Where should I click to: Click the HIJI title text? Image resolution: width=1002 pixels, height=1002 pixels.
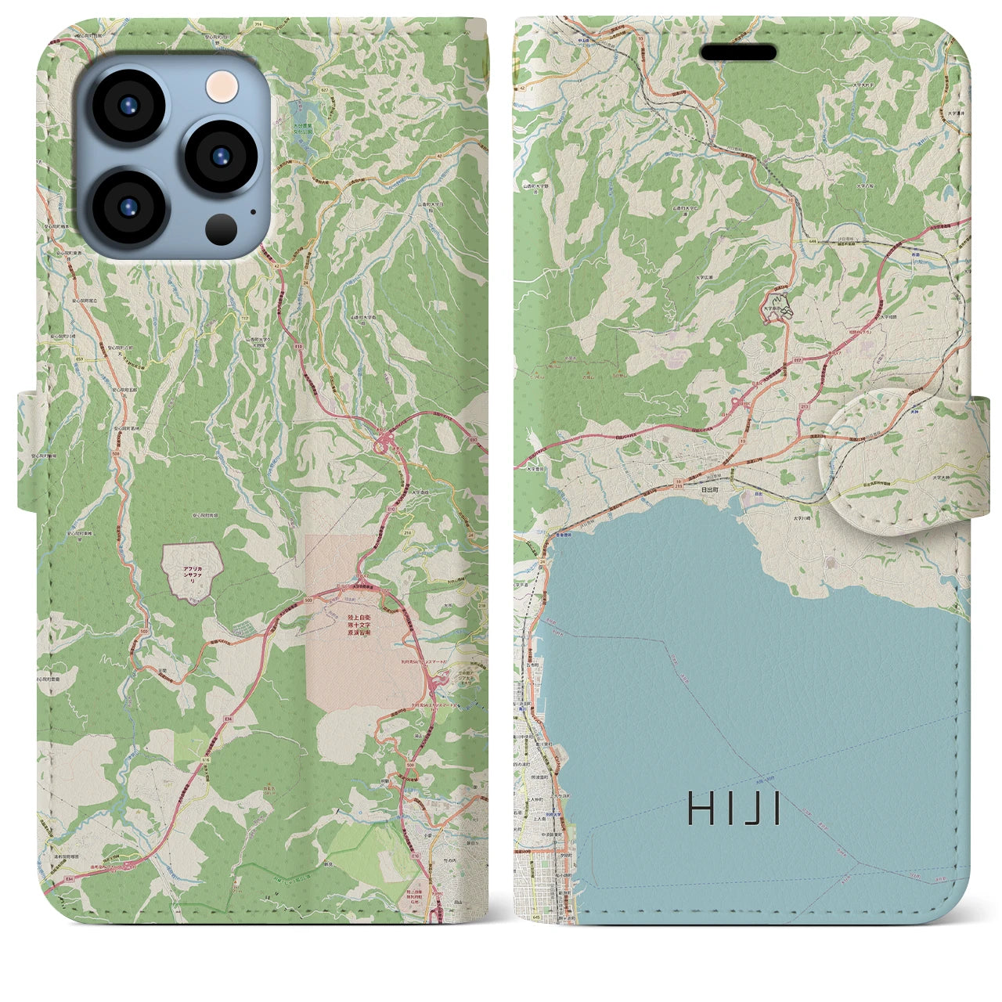[734, 809]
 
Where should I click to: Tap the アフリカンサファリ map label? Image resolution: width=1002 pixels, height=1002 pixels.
[192, 573]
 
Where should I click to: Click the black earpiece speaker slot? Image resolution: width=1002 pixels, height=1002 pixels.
[737, 52]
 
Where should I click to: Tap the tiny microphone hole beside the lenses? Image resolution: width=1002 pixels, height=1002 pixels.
[252, 211]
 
